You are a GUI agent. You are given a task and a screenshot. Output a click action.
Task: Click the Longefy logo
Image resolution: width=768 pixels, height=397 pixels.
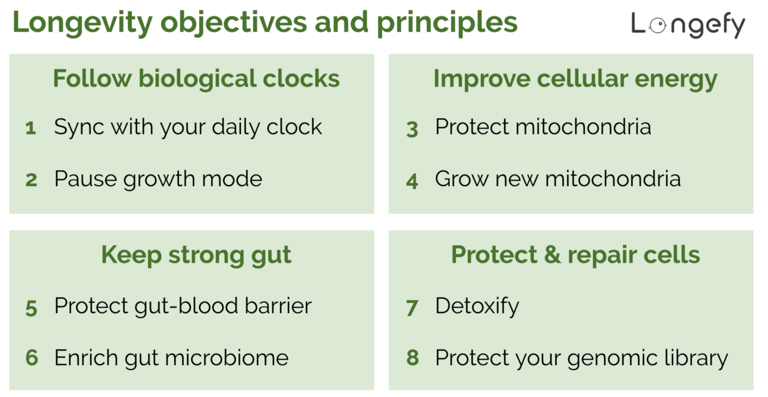[688, 25]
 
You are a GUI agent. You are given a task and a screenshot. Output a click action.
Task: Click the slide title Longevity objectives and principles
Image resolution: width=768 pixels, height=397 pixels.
[265, 22]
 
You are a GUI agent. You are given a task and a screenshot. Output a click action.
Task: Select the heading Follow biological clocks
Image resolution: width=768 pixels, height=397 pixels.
[196, 79]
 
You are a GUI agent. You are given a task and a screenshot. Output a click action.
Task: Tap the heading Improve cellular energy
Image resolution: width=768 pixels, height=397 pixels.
[575, 79]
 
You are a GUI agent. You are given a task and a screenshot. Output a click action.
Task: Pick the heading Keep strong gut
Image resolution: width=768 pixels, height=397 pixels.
[196, 255]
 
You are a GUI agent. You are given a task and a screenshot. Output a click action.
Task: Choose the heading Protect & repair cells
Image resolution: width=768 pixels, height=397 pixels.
[575, 255]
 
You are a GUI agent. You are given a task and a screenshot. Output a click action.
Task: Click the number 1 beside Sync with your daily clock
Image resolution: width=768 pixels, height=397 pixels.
[31, 128]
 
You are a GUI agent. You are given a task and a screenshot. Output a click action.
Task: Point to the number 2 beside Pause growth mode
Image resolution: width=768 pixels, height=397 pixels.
[31, 180]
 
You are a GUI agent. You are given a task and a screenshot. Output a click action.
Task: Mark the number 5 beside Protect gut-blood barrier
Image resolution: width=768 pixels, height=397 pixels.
[31, 308]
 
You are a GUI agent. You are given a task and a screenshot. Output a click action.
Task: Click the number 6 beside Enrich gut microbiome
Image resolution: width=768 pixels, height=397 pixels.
[31, 359]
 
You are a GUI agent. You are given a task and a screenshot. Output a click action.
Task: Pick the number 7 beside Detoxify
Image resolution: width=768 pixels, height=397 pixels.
[412, 308]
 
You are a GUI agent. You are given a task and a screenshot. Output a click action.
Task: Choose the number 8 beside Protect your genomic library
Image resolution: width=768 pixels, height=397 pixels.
[413, 359]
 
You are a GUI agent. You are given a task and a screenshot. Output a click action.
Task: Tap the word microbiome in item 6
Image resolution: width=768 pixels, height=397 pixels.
[227, 358]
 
